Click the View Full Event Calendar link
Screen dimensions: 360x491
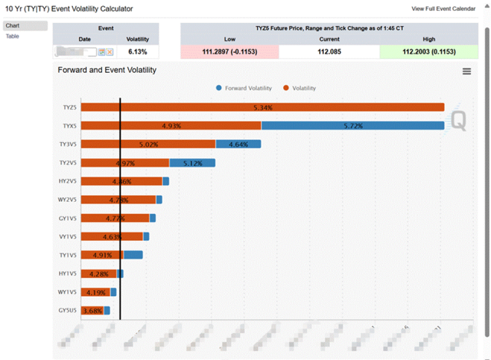[x=444, y=8]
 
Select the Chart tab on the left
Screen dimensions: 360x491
[x=12, y=26]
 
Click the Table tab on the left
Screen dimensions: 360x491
[x=12, y=36]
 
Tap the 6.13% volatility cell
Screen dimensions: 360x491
[x=137, y=51]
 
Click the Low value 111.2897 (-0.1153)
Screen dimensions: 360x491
[x=229, y=51]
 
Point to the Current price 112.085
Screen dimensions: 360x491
[x=328, y=51]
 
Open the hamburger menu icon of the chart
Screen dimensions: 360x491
[x=466, y=71]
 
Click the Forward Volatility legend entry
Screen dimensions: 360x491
[x=243, y=88]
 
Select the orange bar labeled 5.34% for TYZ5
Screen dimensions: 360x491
[x=262, y=107]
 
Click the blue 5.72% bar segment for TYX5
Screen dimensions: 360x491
[x=352, y=126]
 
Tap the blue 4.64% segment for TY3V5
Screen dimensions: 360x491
[x=238, y=144]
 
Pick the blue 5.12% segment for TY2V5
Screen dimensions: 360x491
[x=192, y=163]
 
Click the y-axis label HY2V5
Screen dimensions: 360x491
[x=68, y=181]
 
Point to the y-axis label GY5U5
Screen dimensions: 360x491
[x=68, y=310]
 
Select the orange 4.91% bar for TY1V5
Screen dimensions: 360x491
[x=102, y=255]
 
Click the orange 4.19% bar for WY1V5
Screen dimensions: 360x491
[x=95, y=292]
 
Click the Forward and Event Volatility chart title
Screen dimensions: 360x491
[x=107, y=70]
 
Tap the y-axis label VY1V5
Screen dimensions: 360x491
[x=68, y=236]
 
